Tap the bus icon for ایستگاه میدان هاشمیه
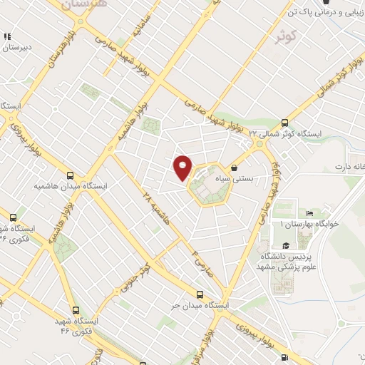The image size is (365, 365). pos(70,175)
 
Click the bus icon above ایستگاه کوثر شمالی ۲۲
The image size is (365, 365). pos(285,123)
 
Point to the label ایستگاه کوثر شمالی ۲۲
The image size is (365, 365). pos(285,134)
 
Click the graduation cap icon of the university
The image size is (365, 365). pos(275,246)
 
